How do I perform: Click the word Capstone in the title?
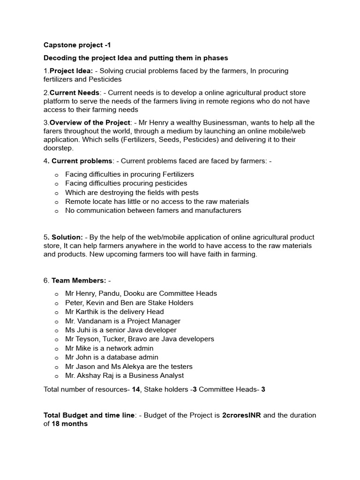pos(60,45)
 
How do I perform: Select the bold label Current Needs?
pos(75,93)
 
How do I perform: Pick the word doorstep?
pos(58,148)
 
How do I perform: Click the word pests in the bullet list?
pos(189,193)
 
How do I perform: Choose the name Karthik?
pos(88,312)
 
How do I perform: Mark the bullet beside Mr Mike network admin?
pos(56,349)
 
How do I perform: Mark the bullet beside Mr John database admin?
pos(56,358)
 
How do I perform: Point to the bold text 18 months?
pos(66,424)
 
